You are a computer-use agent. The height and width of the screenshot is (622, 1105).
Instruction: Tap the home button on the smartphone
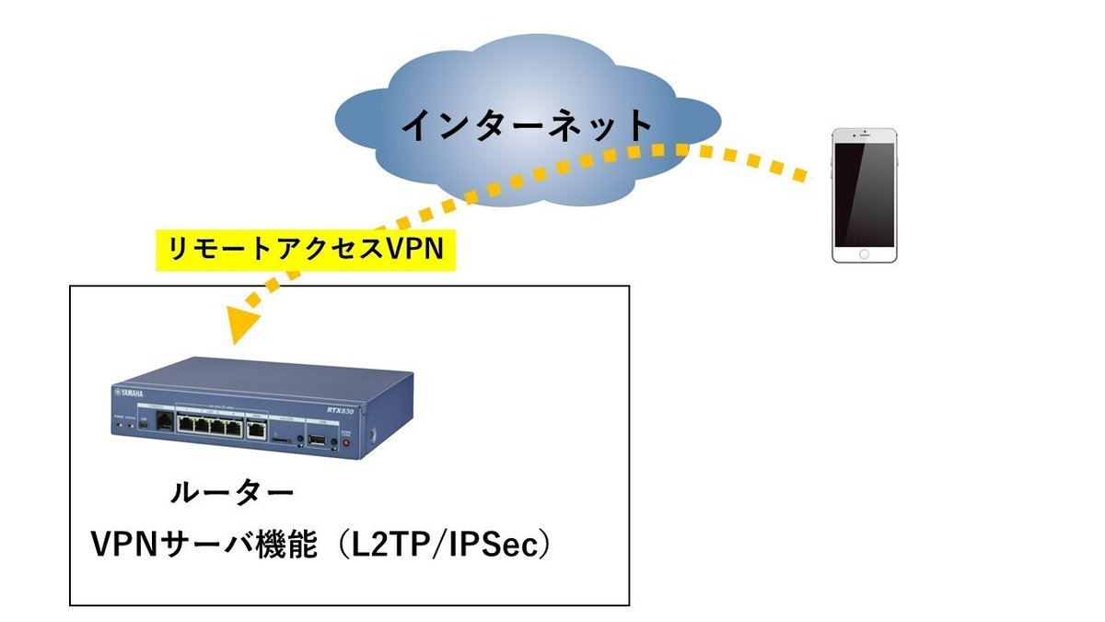(x=864, y=253)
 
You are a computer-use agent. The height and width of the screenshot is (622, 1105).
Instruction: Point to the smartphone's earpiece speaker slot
(x=864, y=136)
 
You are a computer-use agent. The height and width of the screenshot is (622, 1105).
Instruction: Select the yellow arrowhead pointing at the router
(x=241, y=323)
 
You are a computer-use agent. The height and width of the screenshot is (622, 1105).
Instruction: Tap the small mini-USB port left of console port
(x=142, y=428)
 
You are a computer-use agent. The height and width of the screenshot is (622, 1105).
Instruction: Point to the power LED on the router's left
(x=118, y=427)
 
